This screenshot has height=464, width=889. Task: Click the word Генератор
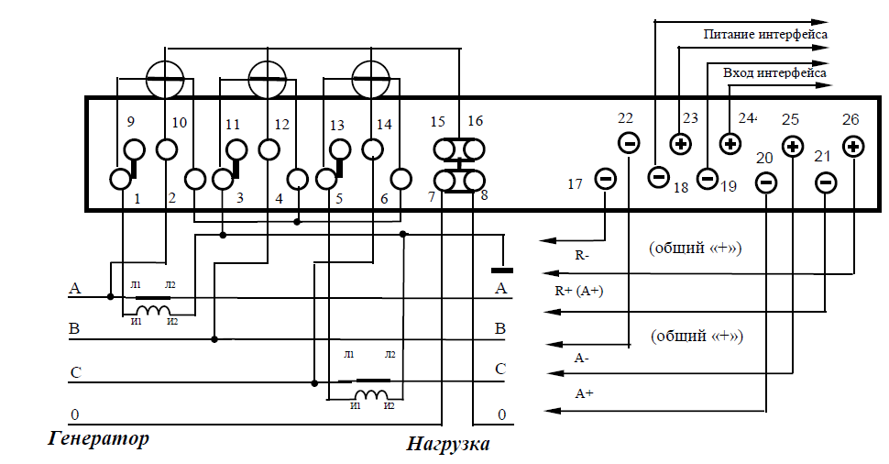99,438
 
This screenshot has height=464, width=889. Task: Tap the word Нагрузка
448,443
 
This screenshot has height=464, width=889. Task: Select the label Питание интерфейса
765,34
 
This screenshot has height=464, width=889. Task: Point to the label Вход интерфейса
774,72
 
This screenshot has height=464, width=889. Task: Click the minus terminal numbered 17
605,179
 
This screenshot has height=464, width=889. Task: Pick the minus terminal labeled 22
629,142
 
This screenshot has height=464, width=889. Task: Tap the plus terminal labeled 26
852,147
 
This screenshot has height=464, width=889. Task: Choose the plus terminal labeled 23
680,144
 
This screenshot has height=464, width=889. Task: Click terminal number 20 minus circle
766,182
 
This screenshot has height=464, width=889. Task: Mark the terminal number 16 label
475,120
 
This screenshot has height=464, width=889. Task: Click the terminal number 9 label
130,121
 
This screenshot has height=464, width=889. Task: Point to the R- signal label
582,255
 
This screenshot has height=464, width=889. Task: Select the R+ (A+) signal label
579,291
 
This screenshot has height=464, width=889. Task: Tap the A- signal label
582,359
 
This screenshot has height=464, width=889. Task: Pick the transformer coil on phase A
152,310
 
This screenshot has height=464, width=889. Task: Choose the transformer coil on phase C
371,395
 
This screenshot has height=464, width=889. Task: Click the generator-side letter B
74,329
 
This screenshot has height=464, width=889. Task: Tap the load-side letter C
500,370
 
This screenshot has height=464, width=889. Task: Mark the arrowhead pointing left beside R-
546,240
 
